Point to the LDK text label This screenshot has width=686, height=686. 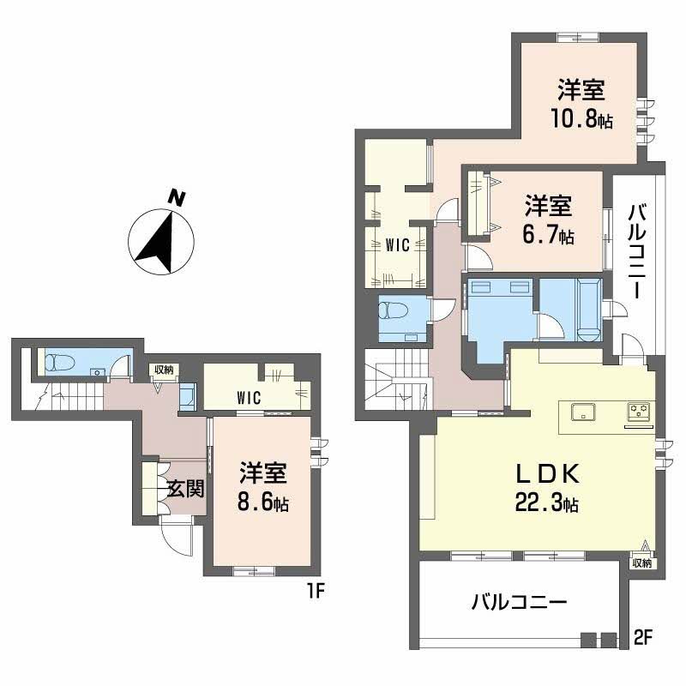tap(548, 474)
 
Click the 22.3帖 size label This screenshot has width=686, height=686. tap(550, 504)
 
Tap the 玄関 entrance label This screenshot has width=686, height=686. tap(184, 489)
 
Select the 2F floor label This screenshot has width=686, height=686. tap(643, 639)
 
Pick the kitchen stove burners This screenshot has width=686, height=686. tap(639, 410)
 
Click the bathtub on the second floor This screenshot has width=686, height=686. tap(589, 308)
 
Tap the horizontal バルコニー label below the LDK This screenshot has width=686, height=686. tap(519, 603)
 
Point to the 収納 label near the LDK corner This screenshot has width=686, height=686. tap(641, 563)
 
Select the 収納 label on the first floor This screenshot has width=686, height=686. tap(163, 370)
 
